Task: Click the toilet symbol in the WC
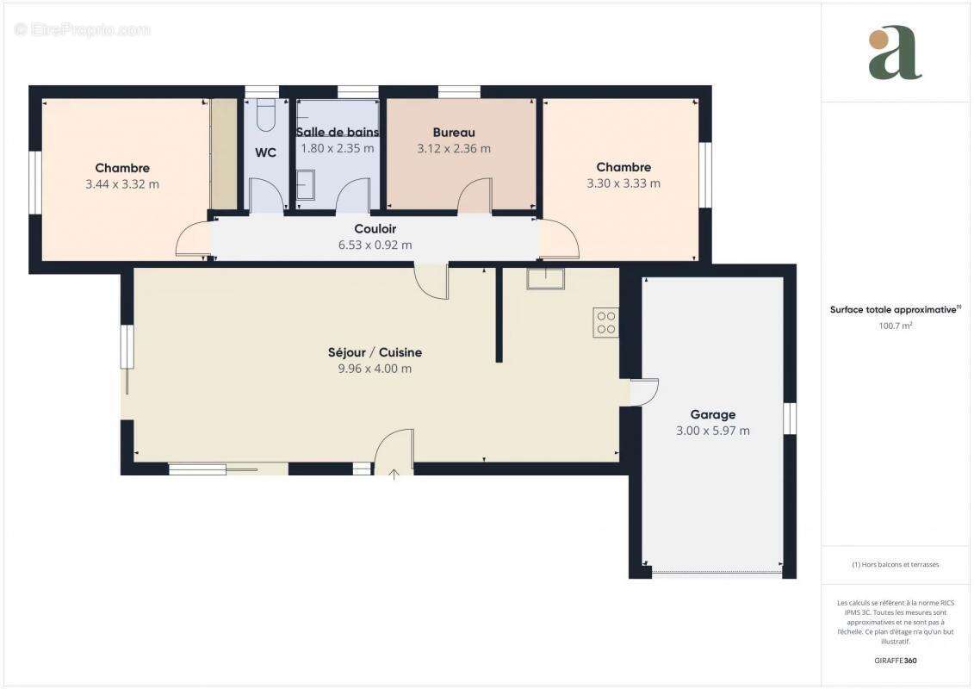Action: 266,115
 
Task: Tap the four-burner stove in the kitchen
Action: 605,321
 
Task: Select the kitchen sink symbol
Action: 545,278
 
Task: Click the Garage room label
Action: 712,414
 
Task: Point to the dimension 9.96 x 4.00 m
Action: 375,369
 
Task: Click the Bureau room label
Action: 454,133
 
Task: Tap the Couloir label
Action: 375,229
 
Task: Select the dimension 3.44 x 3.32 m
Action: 122,183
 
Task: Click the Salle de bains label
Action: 338,133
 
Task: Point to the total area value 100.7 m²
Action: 896,326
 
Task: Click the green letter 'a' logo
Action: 895,53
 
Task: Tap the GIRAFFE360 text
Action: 896,661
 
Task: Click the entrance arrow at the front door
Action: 394,472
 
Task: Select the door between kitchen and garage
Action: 643,392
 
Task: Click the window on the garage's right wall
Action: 790,418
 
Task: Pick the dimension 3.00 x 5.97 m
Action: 712,430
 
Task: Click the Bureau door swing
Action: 475,196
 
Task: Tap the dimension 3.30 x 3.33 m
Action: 623,183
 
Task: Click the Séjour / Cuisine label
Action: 375,352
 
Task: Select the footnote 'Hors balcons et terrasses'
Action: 896,565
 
